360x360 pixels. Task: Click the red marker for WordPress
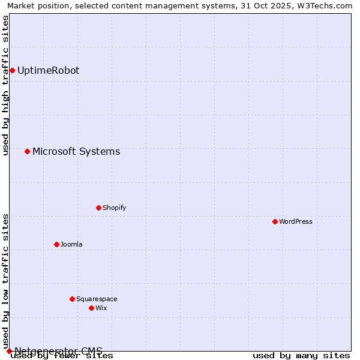tap(275, 221)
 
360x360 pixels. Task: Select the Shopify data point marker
tap(98, 208)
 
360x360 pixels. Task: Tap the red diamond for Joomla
tap(56, 244)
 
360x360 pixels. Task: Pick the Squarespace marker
tap(72, 299)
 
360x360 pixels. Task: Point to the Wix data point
tap(91, 308)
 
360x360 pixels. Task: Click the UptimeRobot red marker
tap(12, 70)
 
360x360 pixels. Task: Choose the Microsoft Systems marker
tap(27, 151)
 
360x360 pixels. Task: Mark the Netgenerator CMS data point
tap(9, 351)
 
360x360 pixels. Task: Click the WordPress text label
tap(296, 221)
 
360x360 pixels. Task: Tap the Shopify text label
tap(114, 208)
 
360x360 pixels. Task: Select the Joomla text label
tap(71, 244)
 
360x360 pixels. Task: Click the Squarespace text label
tap(97, 299)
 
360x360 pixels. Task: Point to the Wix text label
tap(101, 308)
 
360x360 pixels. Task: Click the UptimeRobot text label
tap(48, 70)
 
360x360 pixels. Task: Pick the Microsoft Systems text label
tap(76, 151)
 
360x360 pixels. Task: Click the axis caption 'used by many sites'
tap(301, 355)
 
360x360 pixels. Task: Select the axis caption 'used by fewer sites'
tap(62, 355)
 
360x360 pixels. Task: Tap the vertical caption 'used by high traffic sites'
tap(5, 86)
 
